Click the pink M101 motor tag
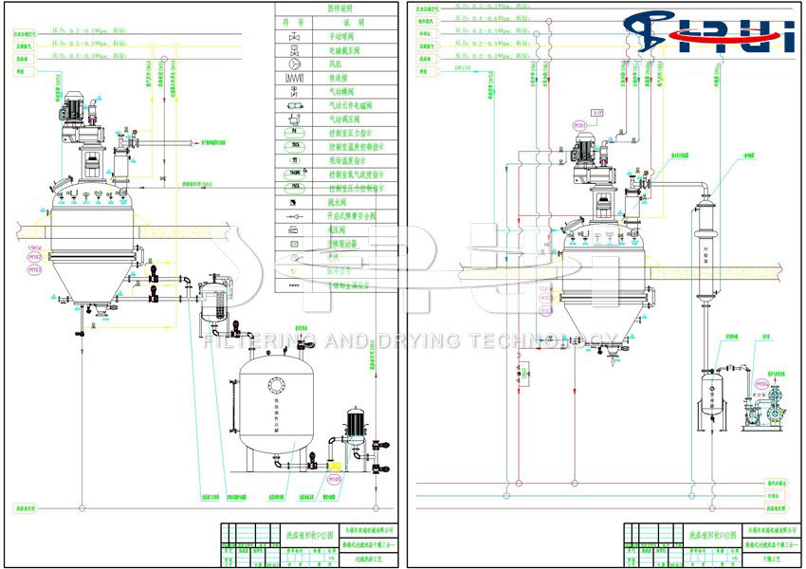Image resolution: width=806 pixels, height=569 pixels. pos(579,125)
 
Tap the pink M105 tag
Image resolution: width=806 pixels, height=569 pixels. pos(335,480)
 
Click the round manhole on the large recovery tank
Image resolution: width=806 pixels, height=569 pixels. pos(276,385)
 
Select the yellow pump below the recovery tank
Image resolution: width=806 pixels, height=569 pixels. pos(333,468)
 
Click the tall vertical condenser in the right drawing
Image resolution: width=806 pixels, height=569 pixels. pos(705,242)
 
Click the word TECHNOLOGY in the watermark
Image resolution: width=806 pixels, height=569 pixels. pos(549,340)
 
